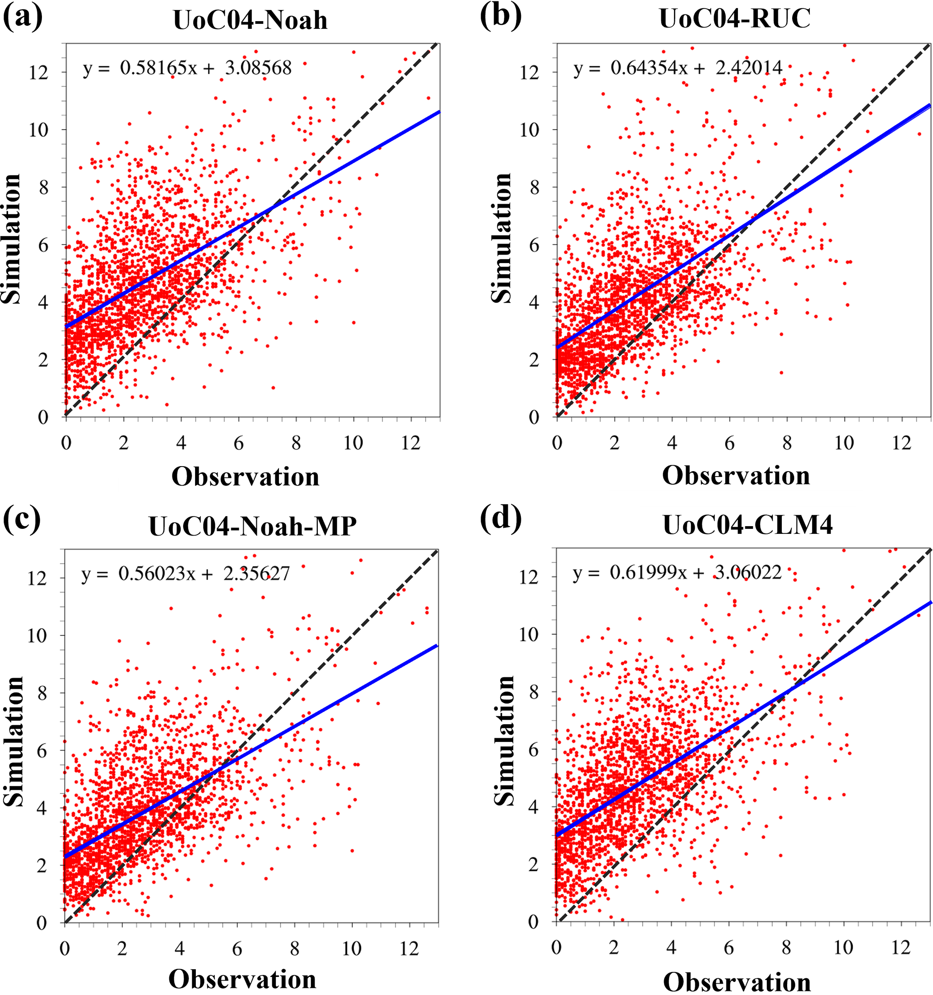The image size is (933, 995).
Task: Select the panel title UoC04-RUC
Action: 735,19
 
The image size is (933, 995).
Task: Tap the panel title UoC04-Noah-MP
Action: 253,526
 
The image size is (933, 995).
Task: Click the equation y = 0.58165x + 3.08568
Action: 187,68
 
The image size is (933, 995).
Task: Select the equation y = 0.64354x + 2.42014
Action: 678,67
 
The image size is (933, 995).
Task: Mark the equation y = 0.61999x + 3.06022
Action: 677,572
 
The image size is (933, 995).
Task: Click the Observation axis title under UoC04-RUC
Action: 736,476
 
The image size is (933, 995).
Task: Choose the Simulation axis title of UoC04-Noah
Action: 11,239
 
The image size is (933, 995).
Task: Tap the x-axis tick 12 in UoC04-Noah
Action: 410,443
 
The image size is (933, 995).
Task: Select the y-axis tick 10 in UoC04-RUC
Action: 529,130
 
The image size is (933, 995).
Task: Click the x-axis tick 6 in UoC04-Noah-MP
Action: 237,949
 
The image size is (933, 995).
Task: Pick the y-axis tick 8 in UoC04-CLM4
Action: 534,692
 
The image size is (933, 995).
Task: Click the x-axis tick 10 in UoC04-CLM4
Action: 844,948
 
